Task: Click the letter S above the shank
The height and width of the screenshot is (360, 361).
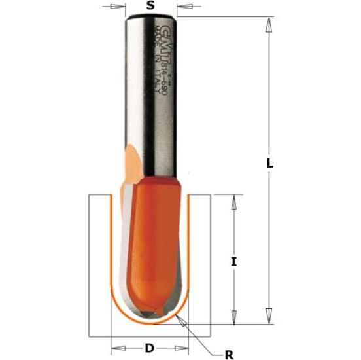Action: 150,7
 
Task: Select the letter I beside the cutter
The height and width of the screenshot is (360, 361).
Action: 234,262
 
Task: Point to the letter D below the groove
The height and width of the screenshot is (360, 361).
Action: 149,347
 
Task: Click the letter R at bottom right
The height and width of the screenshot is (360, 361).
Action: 229,355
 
